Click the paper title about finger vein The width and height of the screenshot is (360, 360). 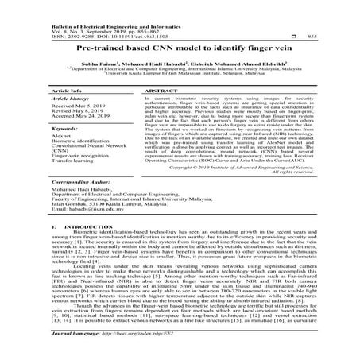[x=179, y=48]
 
